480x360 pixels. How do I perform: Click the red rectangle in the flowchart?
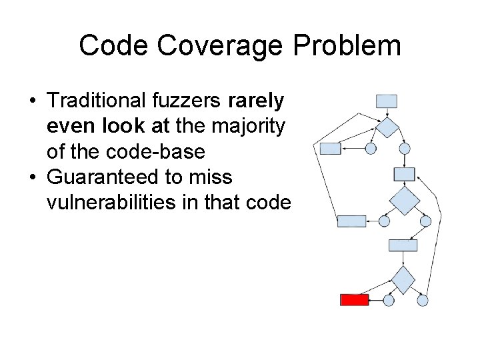pyautogui.click(x=355, y=300)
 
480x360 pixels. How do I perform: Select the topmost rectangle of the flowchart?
pyautogui.click(x=387, y=101)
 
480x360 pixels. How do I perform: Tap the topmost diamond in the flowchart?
pyautogui.click(x=387, y=127)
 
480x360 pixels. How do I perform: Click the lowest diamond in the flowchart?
pyautogui.click(x=402, y=279)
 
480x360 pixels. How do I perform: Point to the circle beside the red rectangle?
pyautogui.click(x=389, y=300)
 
